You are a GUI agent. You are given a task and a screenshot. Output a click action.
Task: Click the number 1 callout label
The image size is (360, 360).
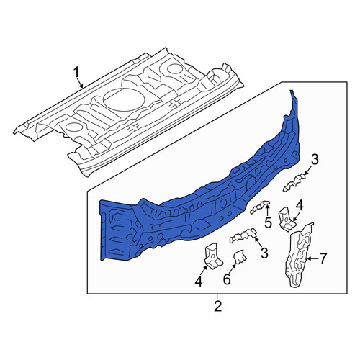point(76,72)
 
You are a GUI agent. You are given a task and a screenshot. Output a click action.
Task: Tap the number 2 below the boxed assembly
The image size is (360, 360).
point(217,306)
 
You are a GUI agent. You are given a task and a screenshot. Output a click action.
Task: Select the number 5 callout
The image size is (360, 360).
point(268,222)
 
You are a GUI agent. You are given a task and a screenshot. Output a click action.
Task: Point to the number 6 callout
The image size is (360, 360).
point(227,279)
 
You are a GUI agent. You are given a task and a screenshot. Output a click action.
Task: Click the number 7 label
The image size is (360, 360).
point(323,258)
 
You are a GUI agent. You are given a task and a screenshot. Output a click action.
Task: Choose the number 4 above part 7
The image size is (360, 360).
point(300,206)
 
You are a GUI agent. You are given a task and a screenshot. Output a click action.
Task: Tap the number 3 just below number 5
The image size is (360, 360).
point(264,253)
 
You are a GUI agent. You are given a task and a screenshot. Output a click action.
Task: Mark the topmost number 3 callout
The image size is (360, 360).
point(315,160)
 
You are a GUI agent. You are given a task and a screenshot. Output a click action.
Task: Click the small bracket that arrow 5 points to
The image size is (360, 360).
point(260,207)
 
